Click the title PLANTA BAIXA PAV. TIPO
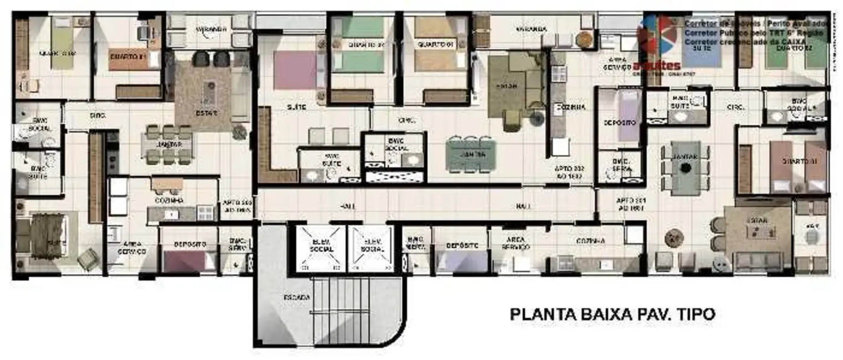tap(612, 315)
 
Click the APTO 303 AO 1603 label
tap(237, 207)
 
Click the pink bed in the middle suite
tap(295, 70)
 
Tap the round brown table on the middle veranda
tap(584, 40)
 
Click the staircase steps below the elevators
tap(339, 310)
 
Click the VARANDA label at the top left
tap(210, 29)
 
